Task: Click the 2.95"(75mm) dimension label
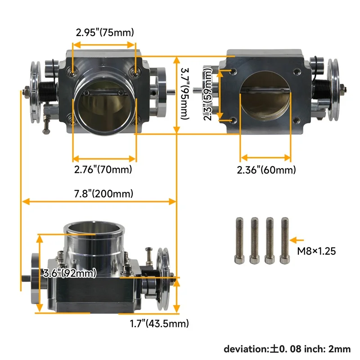(104, 32)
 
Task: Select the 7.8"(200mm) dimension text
(104, 194)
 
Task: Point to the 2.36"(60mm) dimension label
(266, 170)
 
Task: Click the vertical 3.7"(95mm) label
(184, 94)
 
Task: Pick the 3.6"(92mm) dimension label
(69, 273)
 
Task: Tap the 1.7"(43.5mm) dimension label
(159, 323)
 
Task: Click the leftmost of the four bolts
(239, 241)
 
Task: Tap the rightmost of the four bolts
(284, 241)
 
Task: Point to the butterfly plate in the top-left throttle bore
(104, 101)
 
